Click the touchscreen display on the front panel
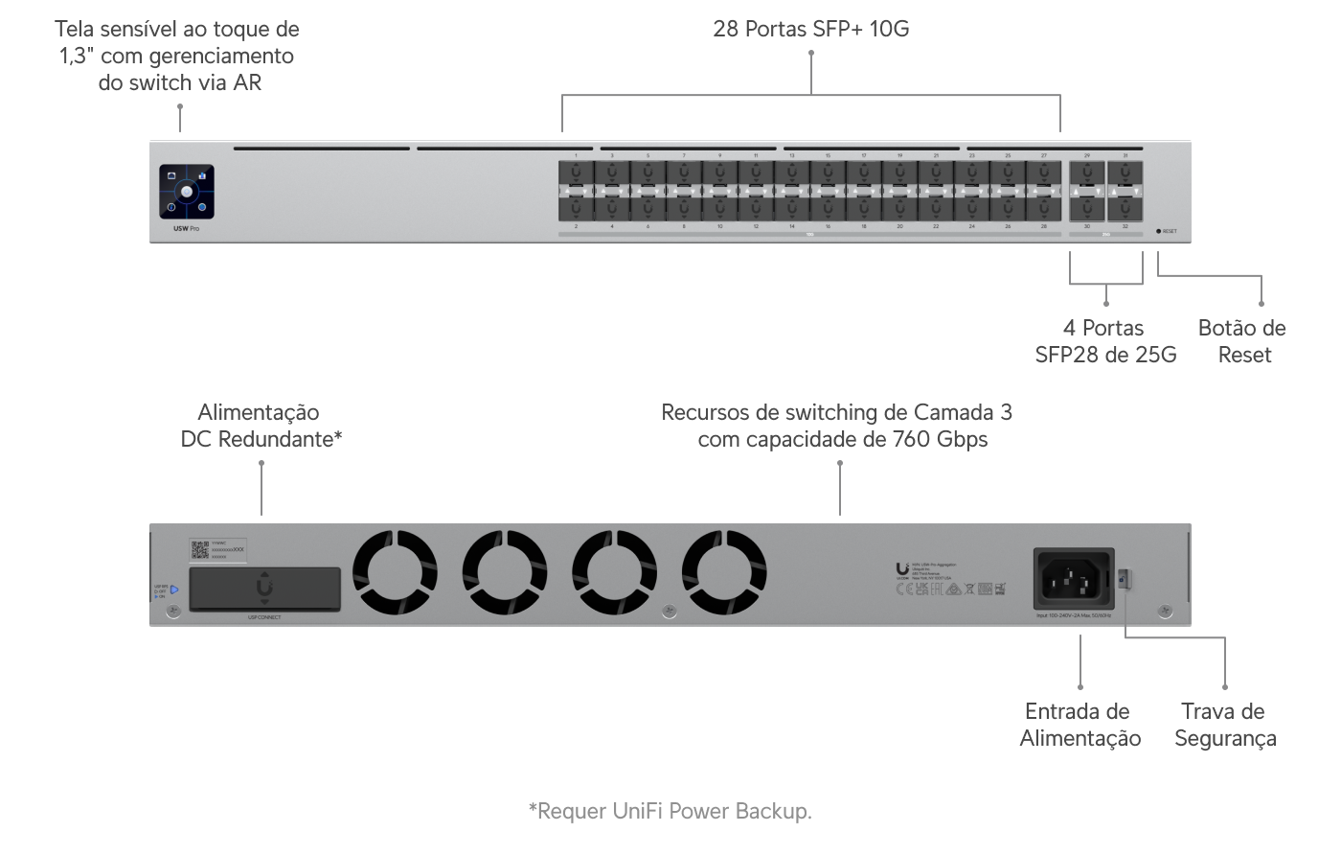pos(187,193)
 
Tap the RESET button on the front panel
pos(1159,231)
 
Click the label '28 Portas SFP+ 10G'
pos(810,29)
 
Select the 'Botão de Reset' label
pos(1242,341)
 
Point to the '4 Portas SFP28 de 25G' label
pos(1105,341)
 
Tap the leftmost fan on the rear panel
pos(396,574)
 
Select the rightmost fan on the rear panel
pos(724,574)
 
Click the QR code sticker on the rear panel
pos(200,550)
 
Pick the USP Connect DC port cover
pos(264,589)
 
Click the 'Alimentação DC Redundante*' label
pos(261,426)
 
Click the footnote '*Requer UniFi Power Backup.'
pos(670,812)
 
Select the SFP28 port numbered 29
pos(1087,174)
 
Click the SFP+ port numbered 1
pos(576,174)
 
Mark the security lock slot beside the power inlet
pos(1125,578)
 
